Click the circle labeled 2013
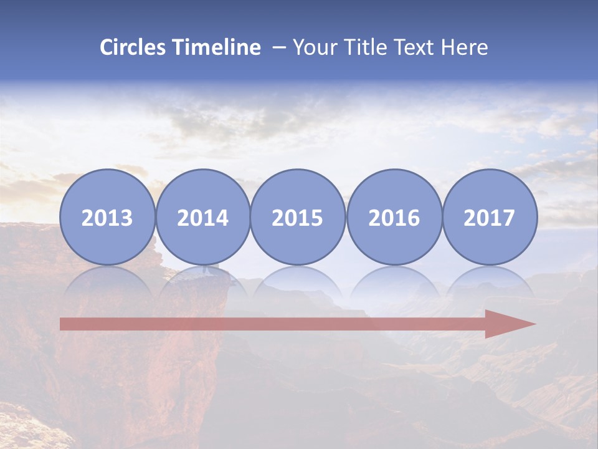tap(107, 217)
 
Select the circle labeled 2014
tap(203, 217)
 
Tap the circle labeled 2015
tap(298, 217)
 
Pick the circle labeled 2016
tap(394, 217)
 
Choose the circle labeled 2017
tap(490, 217)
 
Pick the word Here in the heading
tap(465, 47)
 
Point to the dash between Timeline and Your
tap(279, 48)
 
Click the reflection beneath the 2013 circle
tap(107, 281)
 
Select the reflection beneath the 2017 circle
tap(490, 281)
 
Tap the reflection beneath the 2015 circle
tap(298, 281)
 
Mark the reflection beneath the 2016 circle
tap(394, 281)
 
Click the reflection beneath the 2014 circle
tap(203, 281)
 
